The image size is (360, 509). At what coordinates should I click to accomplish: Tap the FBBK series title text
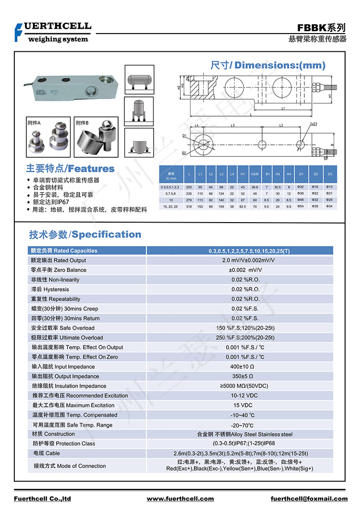click(321, 28)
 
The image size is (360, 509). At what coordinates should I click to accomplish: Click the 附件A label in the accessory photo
click(35, 123)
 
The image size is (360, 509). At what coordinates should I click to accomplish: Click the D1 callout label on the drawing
click(184, 136)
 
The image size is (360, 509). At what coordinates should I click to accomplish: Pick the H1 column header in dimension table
click(243, 173)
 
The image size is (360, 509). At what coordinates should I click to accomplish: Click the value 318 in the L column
click(188, 206)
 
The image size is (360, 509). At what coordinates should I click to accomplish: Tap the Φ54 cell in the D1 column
click(300, 206)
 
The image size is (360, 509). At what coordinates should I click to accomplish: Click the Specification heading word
click(107, 235)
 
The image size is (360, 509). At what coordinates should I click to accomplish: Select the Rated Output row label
click(58, 260)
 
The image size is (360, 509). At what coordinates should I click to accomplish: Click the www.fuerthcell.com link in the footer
click(180, 499)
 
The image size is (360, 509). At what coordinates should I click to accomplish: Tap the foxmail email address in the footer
click(309, 499)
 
